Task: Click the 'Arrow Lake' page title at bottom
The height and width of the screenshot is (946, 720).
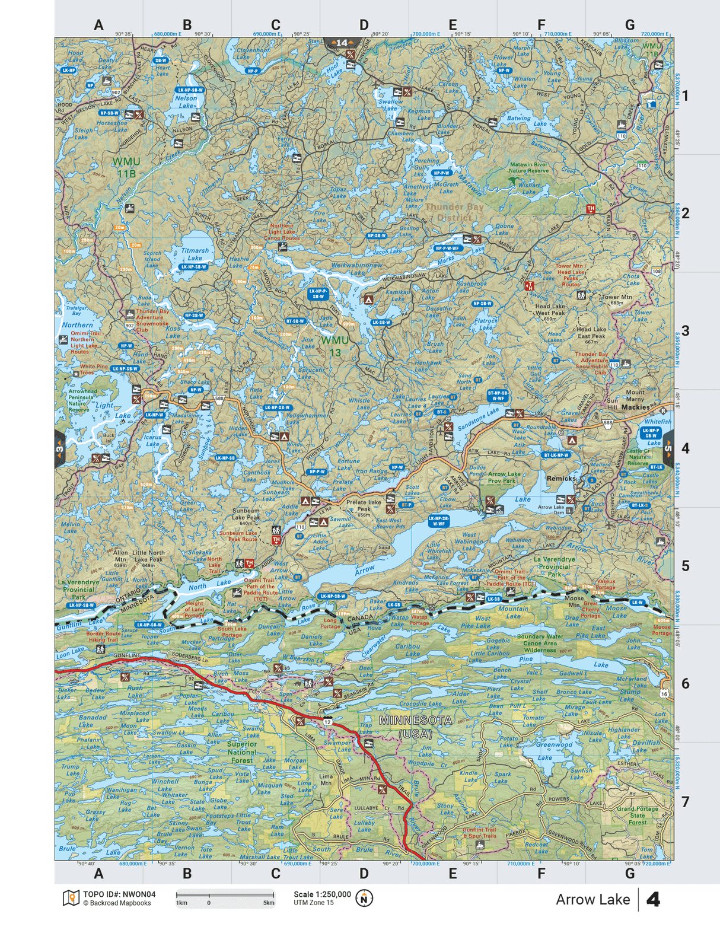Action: [592, 899]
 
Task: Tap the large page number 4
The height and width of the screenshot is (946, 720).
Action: [653, 899]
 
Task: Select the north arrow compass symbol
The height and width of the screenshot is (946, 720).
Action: [364, 898]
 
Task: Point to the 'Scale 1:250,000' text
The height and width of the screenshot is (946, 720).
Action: [322, 894]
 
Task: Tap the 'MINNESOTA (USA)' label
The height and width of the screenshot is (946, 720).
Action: [415, 726]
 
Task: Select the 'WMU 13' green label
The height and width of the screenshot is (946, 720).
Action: [335, 346]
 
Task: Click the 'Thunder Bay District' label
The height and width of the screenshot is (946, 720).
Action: [454, 212]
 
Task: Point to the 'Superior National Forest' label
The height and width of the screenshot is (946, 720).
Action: [242, 752]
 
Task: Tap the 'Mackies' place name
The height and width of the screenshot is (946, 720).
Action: [635, 407]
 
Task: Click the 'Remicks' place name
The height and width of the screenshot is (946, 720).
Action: [561, 478]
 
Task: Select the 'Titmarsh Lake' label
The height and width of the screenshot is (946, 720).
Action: [195, 254]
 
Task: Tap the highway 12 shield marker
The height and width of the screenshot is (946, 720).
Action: [327, 722]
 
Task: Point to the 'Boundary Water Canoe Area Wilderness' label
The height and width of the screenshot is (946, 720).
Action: [539, 643]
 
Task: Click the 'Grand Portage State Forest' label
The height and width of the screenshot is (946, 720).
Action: [637, 815]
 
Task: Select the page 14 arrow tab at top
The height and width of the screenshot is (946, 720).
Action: [342, 43]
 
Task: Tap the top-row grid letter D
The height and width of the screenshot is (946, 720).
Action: [364, 25]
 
